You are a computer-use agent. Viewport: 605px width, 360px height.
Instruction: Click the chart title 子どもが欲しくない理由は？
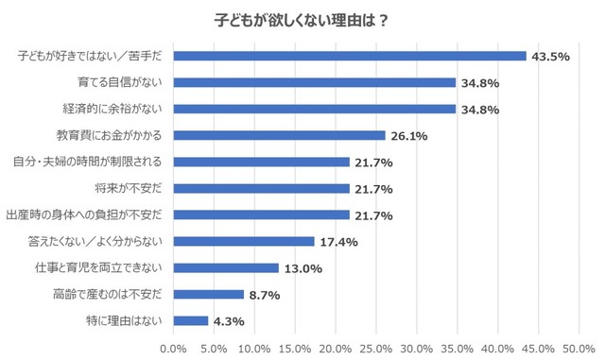(x=302, y=20)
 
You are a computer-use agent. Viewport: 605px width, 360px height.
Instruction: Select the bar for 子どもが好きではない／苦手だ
(x=350, y=56)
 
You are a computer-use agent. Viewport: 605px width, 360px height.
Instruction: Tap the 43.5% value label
(x=550, y=57)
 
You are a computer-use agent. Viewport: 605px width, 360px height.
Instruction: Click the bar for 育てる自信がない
(x=315, y=82)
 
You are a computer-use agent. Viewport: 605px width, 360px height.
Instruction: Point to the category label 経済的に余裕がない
(x=113, y=109)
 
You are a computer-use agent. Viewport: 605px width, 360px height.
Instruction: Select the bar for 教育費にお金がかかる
(x=280, y=135)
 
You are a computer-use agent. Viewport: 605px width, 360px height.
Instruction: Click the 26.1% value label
(x=409, y=136)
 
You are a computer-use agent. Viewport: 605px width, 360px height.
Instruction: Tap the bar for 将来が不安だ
(x=262, y=188)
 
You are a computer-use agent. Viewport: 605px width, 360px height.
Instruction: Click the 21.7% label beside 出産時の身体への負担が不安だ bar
(x=373, y=215)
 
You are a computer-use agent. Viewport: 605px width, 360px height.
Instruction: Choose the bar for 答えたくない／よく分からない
(x=244, y=241)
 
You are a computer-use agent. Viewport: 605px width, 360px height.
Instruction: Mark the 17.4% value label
(x=338, y=242)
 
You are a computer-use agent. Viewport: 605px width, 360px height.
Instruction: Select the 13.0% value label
(x=302, y=268)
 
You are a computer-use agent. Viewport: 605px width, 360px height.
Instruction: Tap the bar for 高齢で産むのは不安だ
(x=209, y=294)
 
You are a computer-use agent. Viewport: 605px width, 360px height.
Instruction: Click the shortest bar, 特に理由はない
(x=191, y=320)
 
